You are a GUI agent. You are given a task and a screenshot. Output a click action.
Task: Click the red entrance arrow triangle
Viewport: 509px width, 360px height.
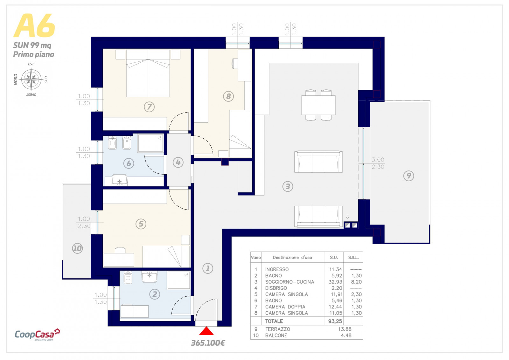pos(206,331)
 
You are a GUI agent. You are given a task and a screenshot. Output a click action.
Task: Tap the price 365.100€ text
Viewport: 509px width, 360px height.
pos(208,343)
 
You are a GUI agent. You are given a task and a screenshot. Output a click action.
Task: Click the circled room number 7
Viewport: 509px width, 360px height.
pos(149,107)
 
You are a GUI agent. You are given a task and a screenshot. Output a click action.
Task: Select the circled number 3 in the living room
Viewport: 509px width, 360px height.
pos(288,186)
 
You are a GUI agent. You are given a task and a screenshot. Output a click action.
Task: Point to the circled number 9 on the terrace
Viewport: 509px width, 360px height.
pos(408,176)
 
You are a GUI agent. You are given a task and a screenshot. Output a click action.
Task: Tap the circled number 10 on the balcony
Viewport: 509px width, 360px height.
pos(77,248)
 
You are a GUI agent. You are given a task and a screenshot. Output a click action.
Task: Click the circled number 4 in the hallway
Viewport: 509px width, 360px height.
pos(178,163)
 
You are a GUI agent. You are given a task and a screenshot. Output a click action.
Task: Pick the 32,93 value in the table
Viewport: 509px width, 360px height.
pos(335,282)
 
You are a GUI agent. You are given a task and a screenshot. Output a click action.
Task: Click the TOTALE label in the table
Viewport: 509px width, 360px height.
pos(274,321)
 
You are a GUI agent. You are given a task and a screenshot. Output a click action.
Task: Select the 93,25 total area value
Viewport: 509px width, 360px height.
pos(335,321)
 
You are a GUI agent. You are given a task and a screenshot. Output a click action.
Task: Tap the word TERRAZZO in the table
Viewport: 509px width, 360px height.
pos(278,329)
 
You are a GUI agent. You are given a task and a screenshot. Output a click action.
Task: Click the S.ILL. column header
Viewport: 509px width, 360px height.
pos(353,258)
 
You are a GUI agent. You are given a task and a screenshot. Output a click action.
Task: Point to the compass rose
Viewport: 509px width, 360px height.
pos(31,79)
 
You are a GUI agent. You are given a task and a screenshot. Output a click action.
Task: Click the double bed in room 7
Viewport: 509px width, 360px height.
pos(148,73)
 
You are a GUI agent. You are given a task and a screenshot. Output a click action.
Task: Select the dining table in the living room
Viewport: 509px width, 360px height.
pos(318,105)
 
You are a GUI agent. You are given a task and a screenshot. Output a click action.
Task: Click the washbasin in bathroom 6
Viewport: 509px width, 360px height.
pos(120,180)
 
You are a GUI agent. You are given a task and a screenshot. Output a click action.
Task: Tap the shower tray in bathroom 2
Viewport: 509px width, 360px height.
pos(178,280)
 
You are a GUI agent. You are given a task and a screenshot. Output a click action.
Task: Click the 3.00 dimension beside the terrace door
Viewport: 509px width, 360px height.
pos(378,160)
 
